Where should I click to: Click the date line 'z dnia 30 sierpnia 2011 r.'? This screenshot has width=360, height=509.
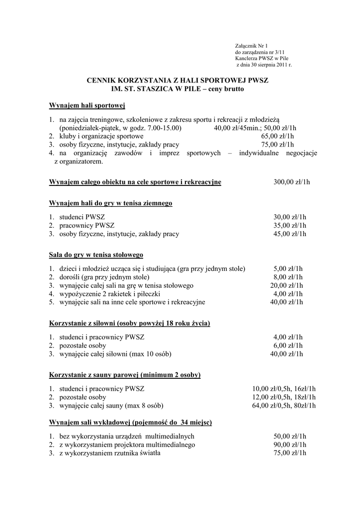pyautogui.click(x=264, y=65)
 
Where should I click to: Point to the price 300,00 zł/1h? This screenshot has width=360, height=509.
pyautogui.click(x=291, y=182)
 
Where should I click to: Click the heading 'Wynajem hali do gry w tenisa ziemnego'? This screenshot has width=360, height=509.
pyautogui.click(x=110, y=203)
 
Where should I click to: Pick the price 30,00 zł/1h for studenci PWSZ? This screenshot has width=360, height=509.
pyautogui.click(x=290, y=217)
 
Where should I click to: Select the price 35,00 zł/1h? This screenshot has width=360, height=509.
pyautogui.click(x=290, y=226)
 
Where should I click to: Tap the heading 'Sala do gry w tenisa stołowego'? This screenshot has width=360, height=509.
pyautogui.click(x=96, y=255)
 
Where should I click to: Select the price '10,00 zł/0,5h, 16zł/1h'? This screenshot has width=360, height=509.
pyautogui.click(x=284, y=389)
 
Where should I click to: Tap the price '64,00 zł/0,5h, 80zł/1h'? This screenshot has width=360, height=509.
pyautogui.click(x=284, y=406)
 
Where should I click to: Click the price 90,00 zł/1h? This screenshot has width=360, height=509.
pyautogui.click(x=290, y=444)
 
